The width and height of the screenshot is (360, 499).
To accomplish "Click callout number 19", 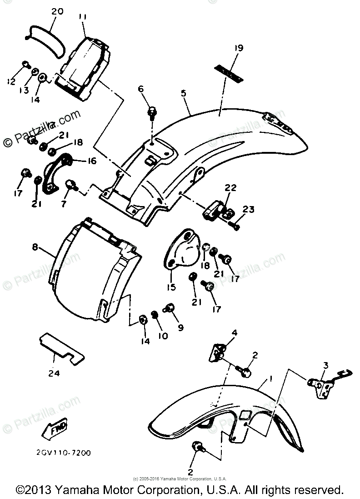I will coord(239,48).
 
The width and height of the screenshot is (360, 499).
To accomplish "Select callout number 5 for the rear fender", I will coord(183,93).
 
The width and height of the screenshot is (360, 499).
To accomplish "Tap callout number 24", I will coord(54,373).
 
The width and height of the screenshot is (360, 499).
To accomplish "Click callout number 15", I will coord(171,287).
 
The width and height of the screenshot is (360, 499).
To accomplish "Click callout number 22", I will coord(231,187).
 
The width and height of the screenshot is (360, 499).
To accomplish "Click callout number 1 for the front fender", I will coord(270,378).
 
